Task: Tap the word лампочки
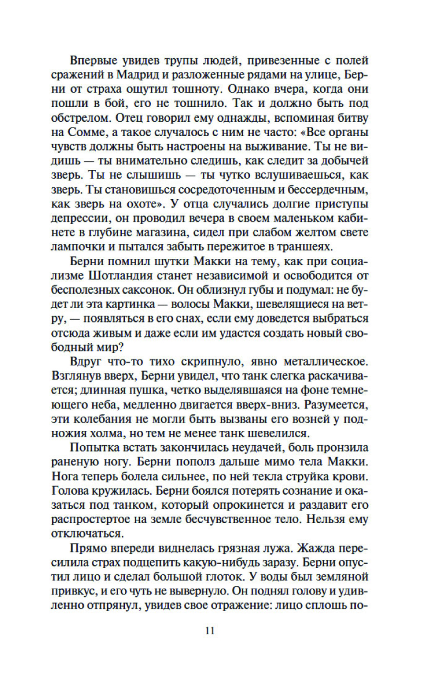click(x=78, y=246)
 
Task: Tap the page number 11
click(x=210, y=630)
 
